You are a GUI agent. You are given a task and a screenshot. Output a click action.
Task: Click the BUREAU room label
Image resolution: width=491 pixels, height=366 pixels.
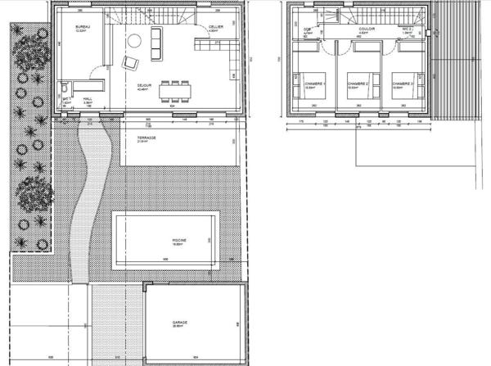tap(81, 27)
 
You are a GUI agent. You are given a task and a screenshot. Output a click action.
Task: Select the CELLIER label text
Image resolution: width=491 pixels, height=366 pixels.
tap(215, 27)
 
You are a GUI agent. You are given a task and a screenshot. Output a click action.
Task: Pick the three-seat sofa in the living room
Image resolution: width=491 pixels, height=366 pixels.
tap(155, 43)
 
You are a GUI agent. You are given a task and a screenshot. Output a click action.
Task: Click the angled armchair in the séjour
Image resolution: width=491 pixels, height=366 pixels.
tap(129, 62)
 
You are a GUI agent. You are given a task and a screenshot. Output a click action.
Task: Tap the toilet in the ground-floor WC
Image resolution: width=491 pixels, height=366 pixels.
tap(64, 85)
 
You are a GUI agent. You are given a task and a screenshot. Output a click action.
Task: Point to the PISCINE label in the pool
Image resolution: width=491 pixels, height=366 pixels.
tap(179, 239)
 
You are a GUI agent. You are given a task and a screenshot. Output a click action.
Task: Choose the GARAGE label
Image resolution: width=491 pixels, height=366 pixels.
tap(180, 322)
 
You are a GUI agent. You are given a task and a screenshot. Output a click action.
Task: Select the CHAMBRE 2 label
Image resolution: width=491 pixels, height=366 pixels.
tap(358, 84)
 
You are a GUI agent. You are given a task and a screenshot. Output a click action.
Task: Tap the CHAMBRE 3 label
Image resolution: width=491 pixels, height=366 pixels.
tap(401, 84)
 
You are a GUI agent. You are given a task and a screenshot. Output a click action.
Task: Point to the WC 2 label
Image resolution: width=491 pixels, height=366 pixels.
tap(405, 27)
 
